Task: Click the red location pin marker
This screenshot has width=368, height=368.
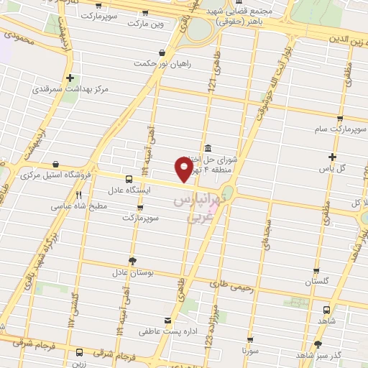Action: [x=185, y=170]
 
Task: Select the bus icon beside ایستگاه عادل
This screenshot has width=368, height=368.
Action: [x=129, y=179]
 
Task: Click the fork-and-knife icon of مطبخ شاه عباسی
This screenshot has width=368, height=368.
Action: [x=79, y=195]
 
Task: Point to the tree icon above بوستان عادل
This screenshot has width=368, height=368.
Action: [x=132, y=261]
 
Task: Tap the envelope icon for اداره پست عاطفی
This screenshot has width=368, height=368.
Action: [x=167, y=321]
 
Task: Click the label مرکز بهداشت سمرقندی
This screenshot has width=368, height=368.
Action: [x=70, y=91]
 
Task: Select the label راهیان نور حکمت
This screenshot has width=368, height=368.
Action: [x=162, y=64]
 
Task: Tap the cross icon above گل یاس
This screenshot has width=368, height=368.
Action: [x=332, y=157]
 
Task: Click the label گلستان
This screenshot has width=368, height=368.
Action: [x=317, y=282]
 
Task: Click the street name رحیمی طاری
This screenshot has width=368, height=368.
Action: [x=236, y=287]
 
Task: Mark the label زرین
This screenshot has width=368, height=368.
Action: [x=78, y=364]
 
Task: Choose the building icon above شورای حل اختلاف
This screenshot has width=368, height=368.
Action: [x=207, y=147]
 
